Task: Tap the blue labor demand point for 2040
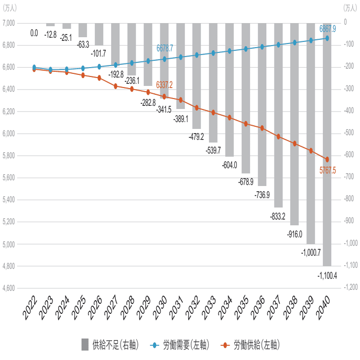[327, 38]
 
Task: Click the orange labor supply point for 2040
[327, 159]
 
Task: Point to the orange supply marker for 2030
[165, 96]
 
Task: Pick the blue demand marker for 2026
[100, 67]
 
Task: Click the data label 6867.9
[328, 28]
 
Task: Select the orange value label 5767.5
[328, 170]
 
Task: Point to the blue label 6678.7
[165, 48]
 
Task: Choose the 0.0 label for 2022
[34, 33]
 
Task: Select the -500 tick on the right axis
[348, 133]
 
